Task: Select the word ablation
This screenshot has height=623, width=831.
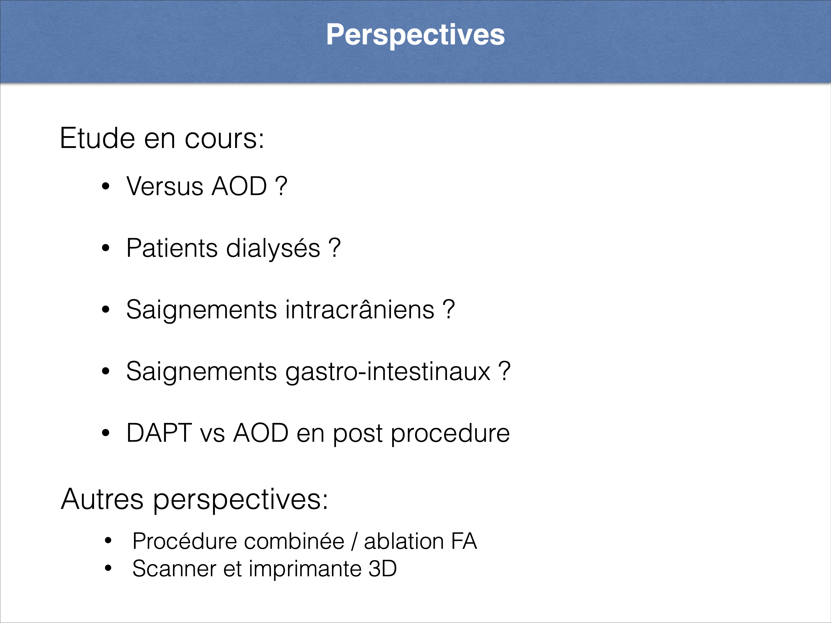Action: [x=404, y=541]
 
